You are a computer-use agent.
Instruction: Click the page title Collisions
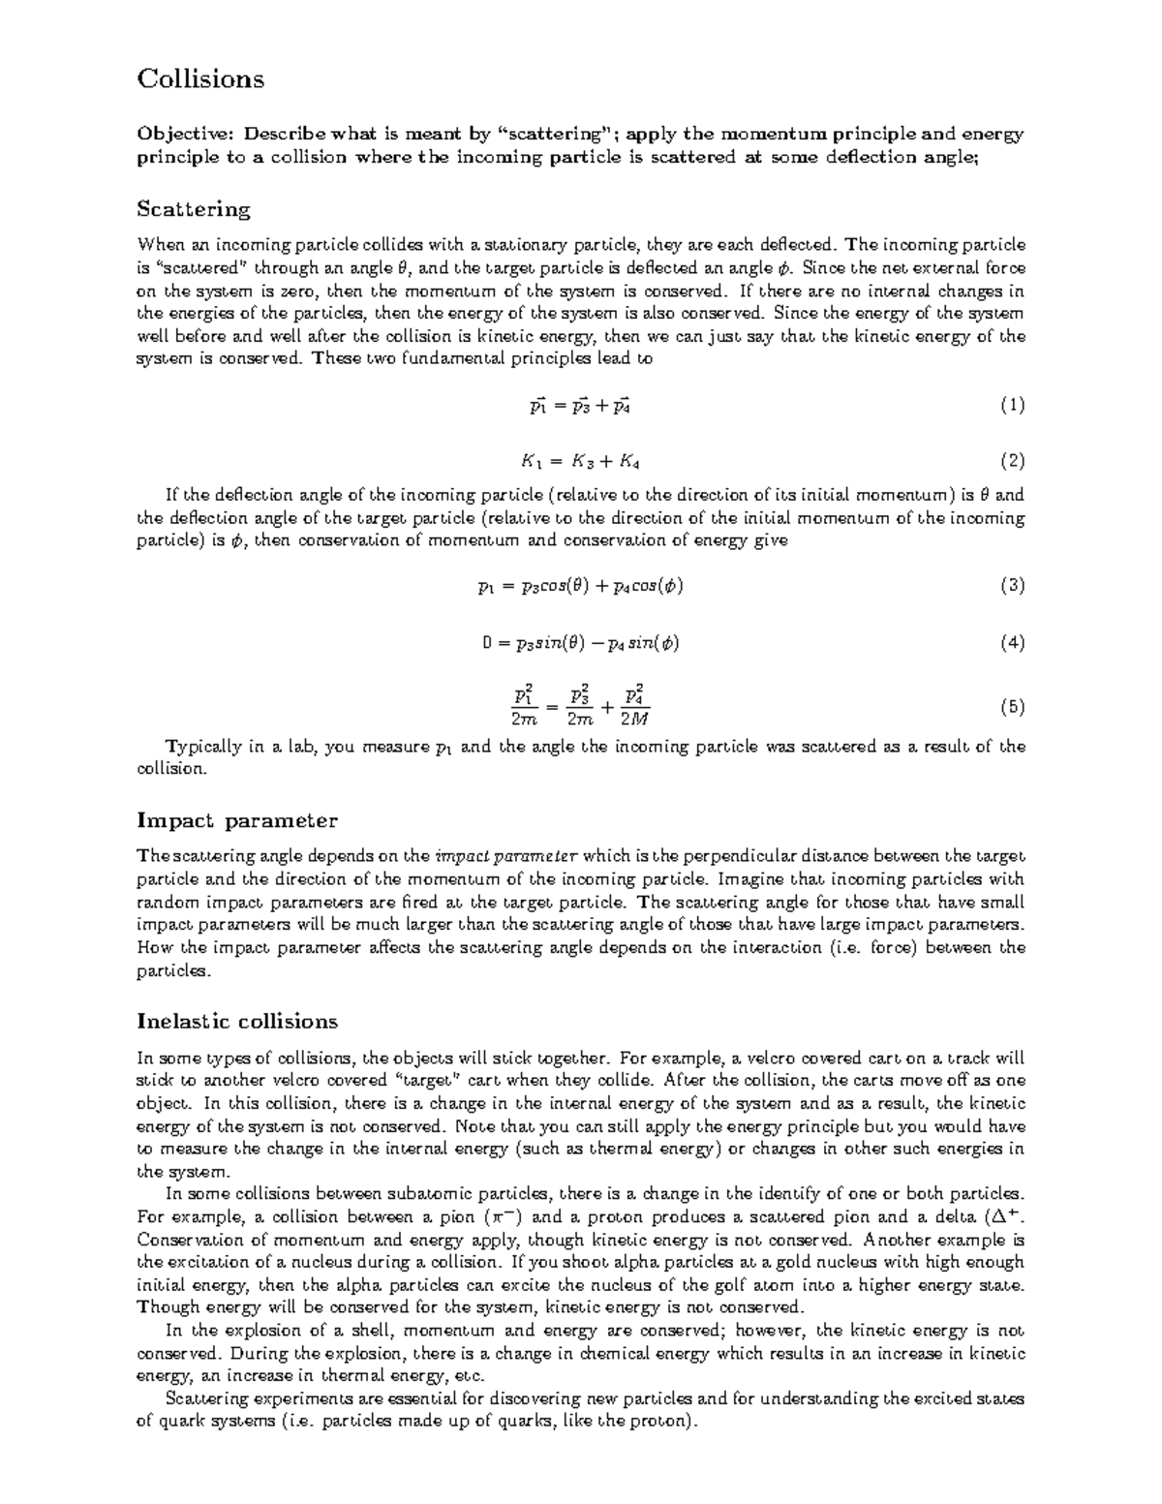coord(200,78)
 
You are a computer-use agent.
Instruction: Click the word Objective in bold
coord(179,134)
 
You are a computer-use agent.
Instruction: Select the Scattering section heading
coord(194,208)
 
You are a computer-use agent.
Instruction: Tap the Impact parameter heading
coord(237,820)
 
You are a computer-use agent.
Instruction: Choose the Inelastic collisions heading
coord(237,1021)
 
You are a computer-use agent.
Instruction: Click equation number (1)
coord(1012,406)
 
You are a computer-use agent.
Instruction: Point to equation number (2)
coord(1012,461)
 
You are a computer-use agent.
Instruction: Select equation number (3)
coord(1012,585)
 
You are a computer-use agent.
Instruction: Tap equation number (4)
coord(1012,642)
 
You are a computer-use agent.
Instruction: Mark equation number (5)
coord(1012,706)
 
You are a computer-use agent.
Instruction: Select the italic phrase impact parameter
coord(507,856)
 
